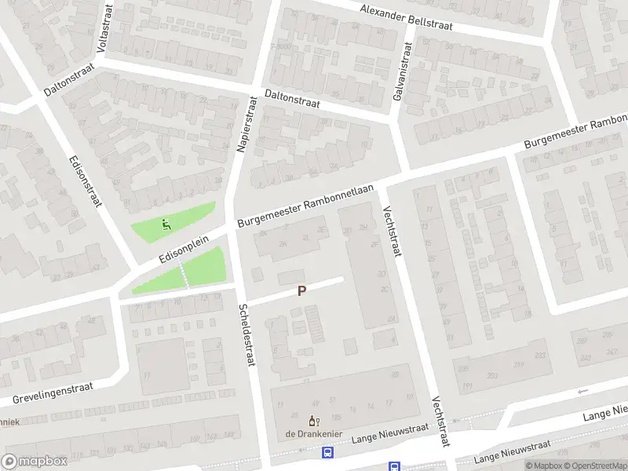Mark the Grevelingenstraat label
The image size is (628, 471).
[53, 392]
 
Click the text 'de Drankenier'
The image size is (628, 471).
[312, 433]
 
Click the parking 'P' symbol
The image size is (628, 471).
[301, 290]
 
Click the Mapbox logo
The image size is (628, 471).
[33, 462]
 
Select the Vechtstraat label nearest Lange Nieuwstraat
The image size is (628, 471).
[440, 422]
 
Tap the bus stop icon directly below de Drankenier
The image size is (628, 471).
[327, 452]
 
